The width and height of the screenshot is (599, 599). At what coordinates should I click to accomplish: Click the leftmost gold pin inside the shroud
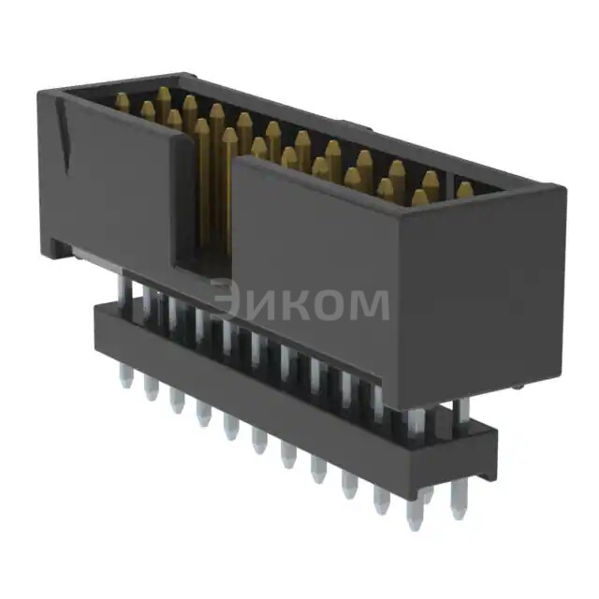[123, 103]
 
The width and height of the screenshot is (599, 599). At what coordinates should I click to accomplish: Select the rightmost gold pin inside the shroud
[464, 191]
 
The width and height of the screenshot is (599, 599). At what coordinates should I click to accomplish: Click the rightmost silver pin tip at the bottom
[457, 510]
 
